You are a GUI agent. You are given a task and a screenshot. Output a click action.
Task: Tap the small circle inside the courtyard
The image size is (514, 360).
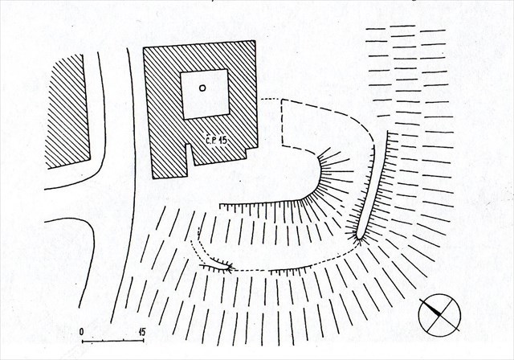click(x=202, y=88)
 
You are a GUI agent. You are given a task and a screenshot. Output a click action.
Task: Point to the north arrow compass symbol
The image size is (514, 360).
click(x=439, y=316)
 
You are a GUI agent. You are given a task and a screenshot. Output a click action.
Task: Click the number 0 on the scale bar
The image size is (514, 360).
click(x=82, y=331)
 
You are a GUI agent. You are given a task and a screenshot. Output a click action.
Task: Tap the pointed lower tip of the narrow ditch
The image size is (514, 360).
click(x=357, y=239)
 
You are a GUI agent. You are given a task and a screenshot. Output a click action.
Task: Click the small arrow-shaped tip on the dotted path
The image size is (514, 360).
click(x=230, y=268)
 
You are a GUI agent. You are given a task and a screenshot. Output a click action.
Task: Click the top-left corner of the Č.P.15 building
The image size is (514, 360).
click(x=144, y=47)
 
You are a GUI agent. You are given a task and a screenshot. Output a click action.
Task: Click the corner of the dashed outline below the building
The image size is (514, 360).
click(x=283, y=146)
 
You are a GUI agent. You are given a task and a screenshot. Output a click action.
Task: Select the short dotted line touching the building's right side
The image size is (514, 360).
click(x=269, y=100)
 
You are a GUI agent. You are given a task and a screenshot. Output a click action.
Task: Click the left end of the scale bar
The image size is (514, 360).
click(x=82, y=342)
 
